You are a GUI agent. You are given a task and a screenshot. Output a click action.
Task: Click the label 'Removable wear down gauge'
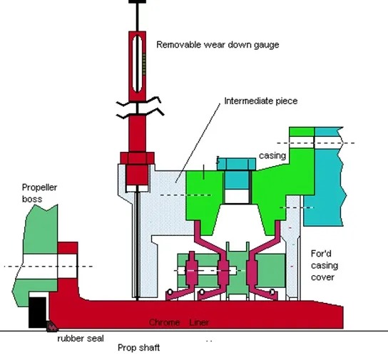(x=218, y=45)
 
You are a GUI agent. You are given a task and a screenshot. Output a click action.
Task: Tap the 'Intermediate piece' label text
(x=261, y=101)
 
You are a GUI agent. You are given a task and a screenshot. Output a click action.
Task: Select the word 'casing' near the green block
(x=272, y=155)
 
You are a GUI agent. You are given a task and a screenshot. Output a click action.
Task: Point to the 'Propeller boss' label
(x=39, y=193)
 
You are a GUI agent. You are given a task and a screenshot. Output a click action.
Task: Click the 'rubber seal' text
(x=81, y=338)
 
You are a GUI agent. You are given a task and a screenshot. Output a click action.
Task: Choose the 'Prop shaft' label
(x=138, y=348)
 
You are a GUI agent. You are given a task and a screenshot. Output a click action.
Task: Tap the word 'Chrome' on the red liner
(x=164, y=322)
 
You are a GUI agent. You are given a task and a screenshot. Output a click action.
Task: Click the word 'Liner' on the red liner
(x=199, y=322)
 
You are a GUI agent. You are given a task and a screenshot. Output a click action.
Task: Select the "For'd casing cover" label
(x=325, y=265)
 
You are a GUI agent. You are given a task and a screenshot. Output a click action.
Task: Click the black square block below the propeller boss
(x=38, y=312)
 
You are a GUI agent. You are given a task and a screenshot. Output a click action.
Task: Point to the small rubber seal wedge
(x=52, y=326)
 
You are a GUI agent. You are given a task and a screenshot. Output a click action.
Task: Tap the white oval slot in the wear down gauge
(x=137, y=64)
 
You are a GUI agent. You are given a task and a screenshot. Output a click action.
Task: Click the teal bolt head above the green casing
(x=236, y=164)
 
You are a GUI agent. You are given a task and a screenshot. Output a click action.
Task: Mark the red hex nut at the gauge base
(x=138, y=158)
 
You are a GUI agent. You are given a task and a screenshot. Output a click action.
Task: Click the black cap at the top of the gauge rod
(x=138, y=1)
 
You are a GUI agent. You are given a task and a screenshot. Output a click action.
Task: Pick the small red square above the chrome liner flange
(x=68, y=248)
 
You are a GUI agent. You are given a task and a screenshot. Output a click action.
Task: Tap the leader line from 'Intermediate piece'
(x=198, y=143)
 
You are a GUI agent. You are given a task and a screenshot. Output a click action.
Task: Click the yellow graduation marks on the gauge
(x=144, y=63)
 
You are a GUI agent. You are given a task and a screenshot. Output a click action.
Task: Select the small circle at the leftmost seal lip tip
(x=170, y=292)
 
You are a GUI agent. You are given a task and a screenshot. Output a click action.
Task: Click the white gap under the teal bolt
(x=236, y=196)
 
